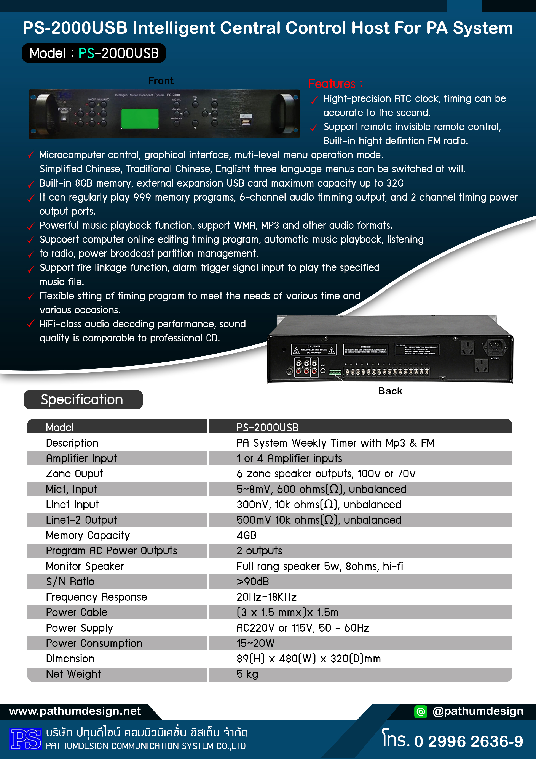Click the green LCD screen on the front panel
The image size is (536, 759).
[140, 118]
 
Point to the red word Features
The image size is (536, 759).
[332, 84]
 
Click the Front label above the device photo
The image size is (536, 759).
[161, 81]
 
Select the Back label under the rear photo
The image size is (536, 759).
[390, 391]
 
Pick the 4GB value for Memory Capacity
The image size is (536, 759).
[246, 535]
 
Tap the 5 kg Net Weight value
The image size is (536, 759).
[247, 674]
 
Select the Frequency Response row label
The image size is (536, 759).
[96, 597]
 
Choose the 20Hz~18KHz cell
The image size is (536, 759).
[266, 597]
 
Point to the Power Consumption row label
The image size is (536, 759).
[94, 643]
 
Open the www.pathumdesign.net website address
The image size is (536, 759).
[75, 711]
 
